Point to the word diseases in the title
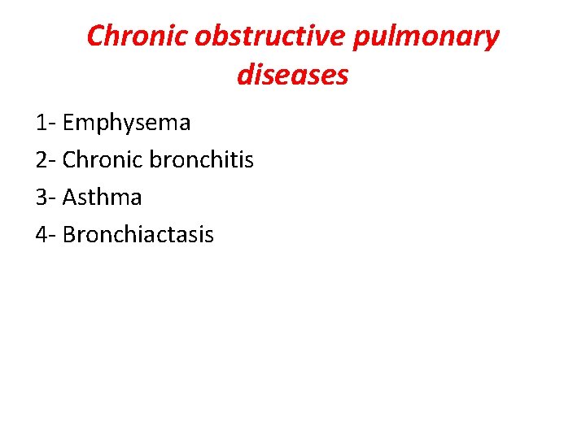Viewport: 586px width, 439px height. click(x=293, y=76)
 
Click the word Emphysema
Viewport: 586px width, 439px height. click(x=126, y=123)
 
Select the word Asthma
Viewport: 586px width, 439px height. click(x=102, y=198)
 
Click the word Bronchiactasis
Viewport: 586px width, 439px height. click(x=138, y=235)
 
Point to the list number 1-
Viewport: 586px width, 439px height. click(x=46, y=123)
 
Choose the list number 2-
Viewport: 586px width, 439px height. click(x=46, y=160)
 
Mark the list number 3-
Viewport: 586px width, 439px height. click(x=46, y=198)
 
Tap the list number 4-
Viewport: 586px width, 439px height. click(x=46, y=235)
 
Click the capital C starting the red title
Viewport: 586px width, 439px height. click(x=96, y=37)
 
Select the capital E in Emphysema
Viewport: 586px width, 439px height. click(x=68, y=123)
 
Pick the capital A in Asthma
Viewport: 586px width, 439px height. click(x=69, y=198)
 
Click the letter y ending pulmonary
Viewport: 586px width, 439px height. click(x=491, y=39)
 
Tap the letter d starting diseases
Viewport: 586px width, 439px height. click(x=245, y=76)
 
